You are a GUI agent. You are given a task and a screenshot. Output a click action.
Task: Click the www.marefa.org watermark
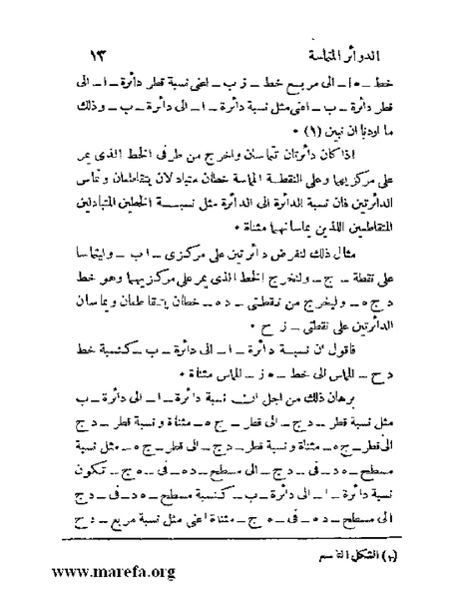(x=98, y=574)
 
